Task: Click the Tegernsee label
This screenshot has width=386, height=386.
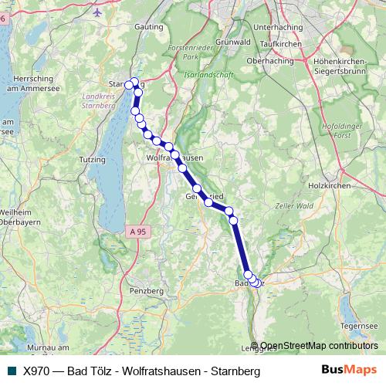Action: coord(360,326)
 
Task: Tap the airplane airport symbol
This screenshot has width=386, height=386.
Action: coord(96,12)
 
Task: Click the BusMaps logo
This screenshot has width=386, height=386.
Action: coord(347,371)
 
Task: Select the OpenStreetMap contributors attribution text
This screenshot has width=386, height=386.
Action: coord(319,346)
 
